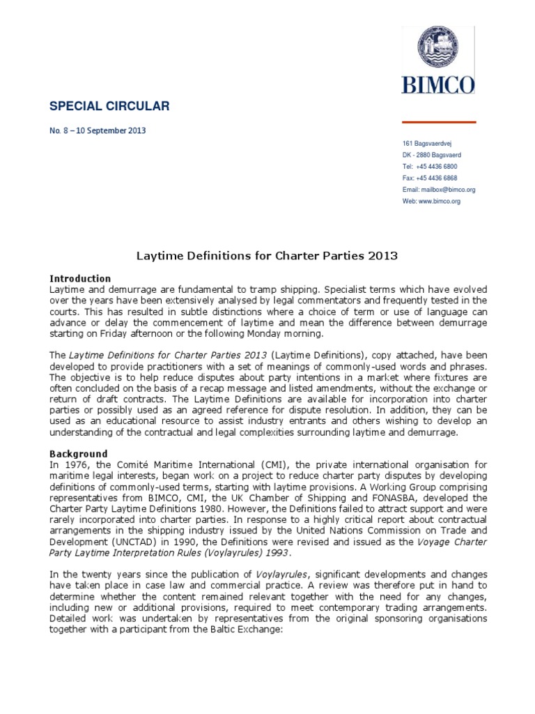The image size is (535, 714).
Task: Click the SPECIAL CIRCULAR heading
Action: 109,106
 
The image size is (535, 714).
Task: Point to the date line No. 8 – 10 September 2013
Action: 98,130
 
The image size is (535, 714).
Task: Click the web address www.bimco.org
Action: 440,201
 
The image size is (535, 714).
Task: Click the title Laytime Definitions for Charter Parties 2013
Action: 266,256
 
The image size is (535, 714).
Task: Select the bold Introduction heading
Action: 80,278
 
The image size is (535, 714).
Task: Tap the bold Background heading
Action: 79,454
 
